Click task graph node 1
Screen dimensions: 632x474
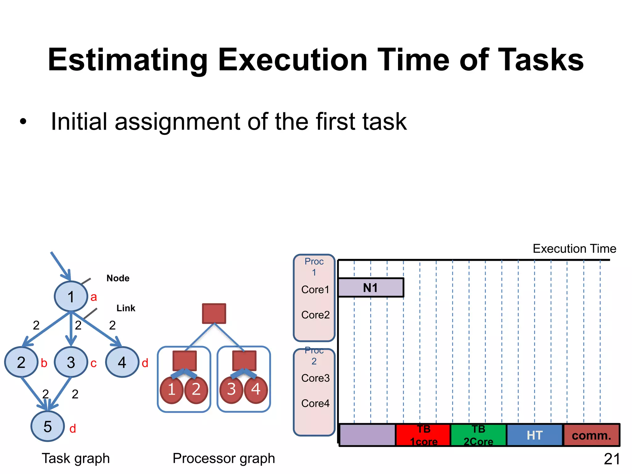(x=71, y=296)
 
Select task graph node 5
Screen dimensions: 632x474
(x=48, y=426)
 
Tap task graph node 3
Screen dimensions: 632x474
(x=71, y=362)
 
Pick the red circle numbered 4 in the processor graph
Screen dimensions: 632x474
(x=256, y=389)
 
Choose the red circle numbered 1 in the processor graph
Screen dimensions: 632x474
(x=172, y=389)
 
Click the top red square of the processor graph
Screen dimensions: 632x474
(x=214, y=314)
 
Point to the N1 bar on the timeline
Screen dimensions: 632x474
(x=371, y=288)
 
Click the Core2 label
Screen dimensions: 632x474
(x=315, y=315)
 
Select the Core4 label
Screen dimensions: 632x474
(x=315, y=403)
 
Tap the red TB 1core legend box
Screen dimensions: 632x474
(x=423, y=435)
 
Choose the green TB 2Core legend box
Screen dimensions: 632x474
(x=478, y=435)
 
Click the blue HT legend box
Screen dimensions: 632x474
(x=534, y=435)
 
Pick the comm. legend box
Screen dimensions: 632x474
(x=591, y=435)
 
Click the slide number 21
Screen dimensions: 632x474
(x=612, y=459)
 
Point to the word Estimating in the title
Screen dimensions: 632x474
(x=128, y=60)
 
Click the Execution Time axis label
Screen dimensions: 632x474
(x=574, y=248)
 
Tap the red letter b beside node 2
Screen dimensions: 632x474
(x=44, y=363)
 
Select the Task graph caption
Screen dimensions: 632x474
(x=76, y=458)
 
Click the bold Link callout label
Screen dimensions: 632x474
(x=126, y=308)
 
